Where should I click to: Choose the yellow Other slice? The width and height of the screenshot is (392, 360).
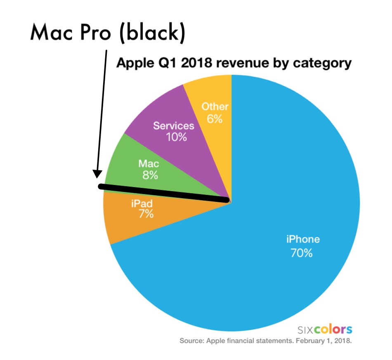point(210,99)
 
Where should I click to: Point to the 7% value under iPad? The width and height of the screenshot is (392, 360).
point(146,214)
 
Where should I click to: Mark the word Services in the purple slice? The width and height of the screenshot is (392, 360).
point(173,126)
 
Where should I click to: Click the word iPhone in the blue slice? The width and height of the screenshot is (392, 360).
point(303,239)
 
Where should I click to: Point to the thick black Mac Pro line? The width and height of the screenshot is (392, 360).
point(165,193)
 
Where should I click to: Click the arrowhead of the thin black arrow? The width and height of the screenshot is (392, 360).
point(97,174)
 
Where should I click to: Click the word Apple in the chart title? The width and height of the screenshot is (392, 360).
point(131,64)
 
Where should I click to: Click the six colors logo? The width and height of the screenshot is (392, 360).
point(325,329)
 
